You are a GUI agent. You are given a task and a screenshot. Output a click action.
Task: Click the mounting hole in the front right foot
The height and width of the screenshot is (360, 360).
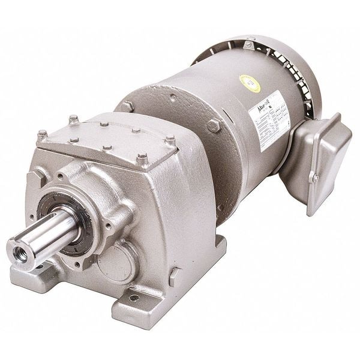[x=133, y=296]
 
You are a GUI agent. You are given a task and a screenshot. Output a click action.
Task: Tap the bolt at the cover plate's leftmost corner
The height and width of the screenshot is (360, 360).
[x=43, y=136]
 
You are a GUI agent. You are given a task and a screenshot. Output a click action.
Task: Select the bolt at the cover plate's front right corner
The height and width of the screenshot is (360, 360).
[x=142, y=159]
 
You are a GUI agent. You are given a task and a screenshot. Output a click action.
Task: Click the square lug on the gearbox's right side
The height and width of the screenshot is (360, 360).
[x=175, y=277]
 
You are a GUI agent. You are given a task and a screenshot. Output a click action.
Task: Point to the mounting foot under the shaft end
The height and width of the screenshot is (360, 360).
[x=36, y=273]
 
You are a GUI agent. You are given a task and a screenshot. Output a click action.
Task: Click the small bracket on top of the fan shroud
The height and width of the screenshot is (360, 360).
[x=248, y=44]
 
